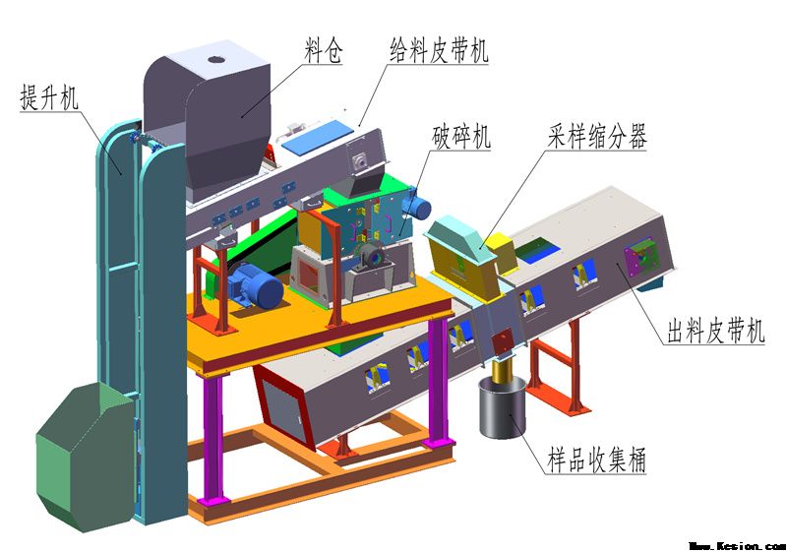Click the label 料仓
point(323,50)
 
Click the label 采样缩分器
point(598,137)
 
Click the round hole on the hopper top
point(215,60)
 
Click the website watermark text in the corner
point(737,544)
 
